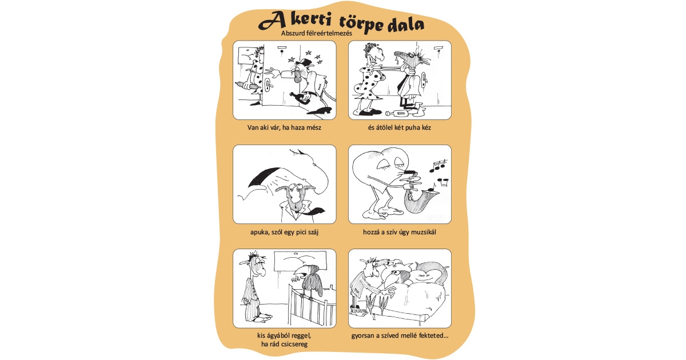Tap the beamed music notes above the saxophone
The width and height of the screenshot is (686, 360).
(438, 166)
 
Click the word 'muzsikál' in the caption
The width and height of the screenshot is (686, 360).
(424, 232)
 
